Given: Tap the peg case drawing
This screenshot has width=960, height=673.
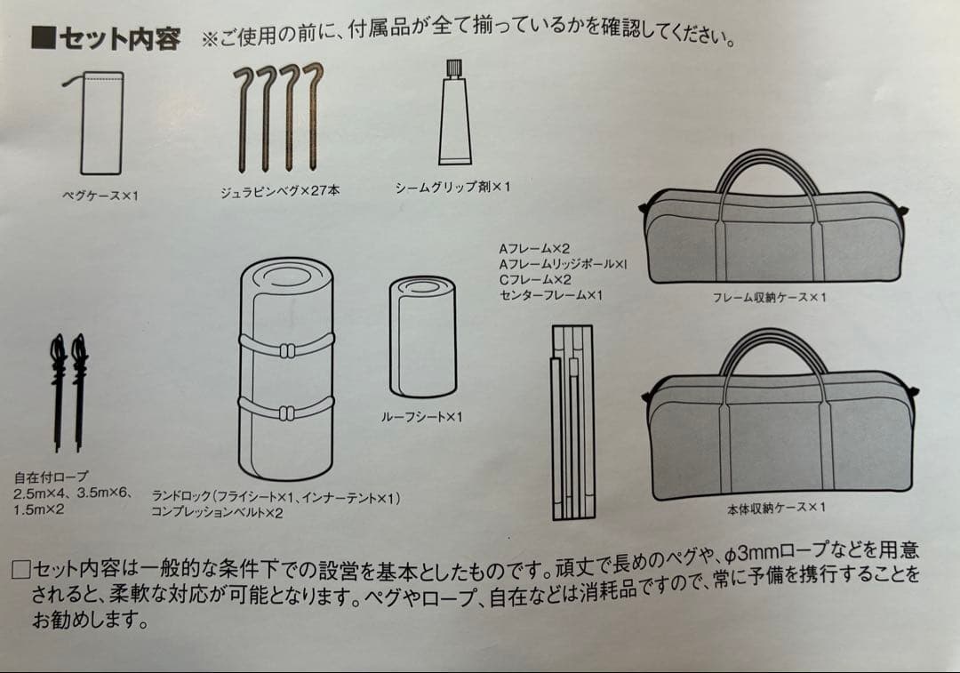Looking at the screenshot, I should click(101, 124).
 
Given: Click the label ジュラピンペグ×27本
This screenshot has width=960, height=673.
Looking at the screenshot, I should click(280, 190).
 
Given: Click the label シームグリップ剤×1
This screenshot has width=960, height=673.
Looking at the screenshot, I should click(452, 187).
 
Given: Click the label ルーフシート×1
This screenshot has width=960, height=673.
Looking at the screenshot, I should click(422, 416).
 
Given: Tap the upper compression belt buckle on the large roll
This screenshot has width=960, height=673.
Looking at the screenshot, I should click(286, 349).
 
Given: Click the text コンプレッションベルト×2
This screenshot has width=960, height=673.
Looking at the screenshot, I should click(217, 513).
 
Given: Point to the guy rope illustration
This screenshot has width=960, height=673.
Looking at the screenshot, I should click(68, 391).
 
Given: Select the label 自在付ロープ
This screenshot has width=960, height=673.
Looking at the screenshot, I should click(52, 477).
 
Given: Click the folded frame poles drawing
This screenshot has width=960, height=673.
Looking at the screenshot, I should click(572, 422).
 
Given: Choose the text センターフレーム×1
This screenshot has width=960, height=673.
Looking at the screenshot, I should click(551, 294).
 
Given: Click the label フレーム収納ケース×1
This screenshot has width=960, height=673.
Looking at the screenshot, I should click(769, 297).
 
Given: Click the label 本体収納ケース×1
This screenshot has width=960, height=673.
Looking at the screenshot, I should click(776, 508).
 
